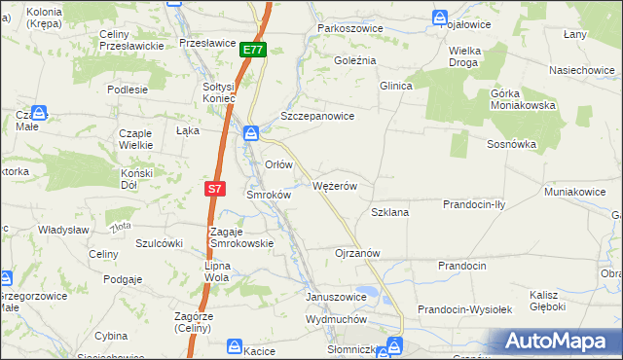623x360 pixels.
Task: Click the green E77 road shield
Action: click(252, 50)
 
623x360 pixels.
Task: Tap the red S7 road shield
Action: click(215, 188)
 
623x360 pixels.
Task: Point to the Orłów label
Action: click(278, 164)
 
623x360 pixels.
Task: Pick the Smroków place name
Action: click(269, 195)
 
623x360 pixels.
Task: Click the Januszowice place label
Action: click(336, 297)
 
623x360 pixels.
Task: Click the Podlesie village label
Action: click(128, 90)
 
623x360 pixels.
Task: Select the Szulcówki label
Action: click(160, 243)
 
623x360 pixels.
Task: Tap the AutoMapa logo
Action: click(557, 341)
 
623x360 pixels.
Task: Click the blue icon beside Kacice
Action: click(235, 345)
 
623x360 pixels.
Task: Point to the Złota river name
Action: click(121, 228)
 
